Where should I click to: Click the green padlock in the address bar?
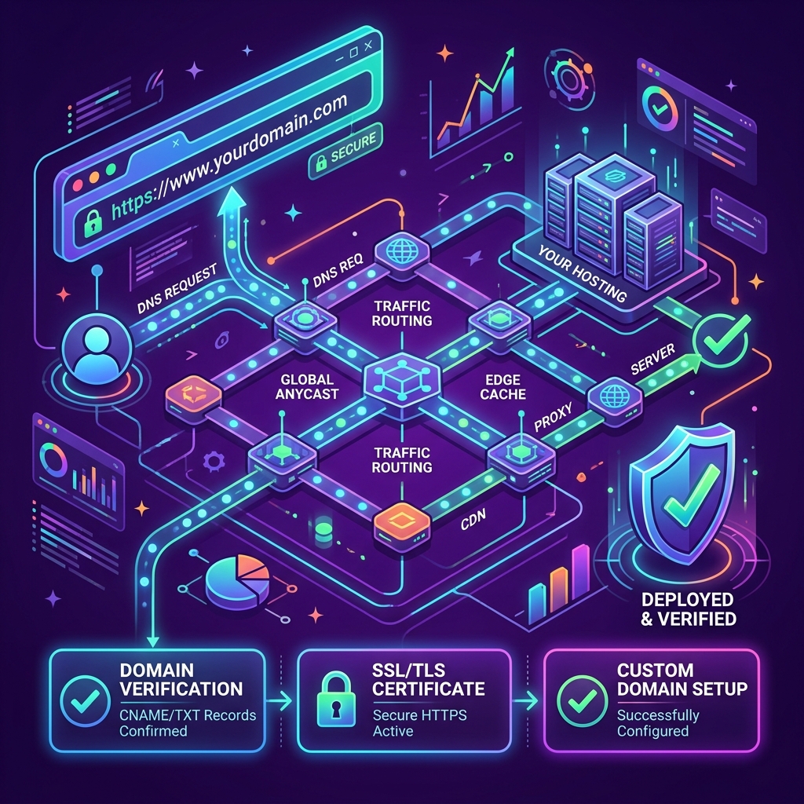click(x=93, y=221)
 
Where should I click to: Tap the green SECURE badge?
click(x=346, y=152)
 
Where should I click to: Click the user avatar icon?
click(x=97, y=349)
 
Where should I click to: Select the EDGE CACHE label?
click(x=502, y=386)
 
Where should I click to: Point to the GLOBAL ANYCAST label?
click(x=307, y=386)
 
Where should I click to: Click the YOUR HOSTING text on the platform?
click(x=582, y=272)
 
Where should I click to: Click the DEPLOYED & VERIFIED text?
click(x=688, y=608)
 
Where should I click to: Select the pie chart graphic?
click(x=237, y=582)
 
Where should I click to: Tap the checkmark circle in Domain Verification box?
click(x=85, y=700)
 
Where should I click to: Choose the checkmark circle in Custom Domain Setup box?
click(x=582, y=700)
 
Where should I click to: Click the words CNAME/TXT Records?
click(x=188, y=714)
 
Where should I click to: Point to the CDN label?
click(x=473, y=520)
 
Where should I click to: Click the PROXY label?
click(x=553, y=416)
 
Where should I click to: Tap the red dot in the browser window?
click(x=78, y=185)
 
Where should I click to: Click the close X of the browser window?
click(x=367, y=46)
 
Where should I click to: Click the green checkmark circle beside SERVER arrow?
click(x=721, y=339)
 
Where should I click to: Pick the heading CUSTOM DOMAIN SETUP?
click(x=682, y=679)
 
